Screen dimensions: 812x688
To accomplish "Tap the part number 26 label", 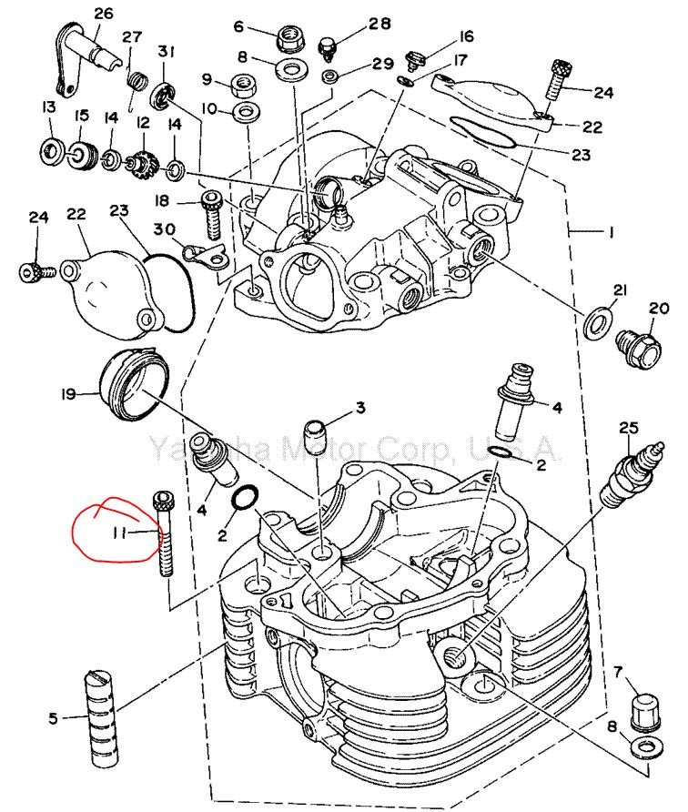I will [103, 14].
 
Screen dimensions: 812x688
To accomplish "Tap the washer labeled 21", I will [597, 321].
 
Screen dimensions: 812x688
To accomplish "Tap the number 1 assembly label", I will [612, 233].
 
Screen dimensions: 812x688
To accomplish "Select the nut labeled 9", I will [244, 86].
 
